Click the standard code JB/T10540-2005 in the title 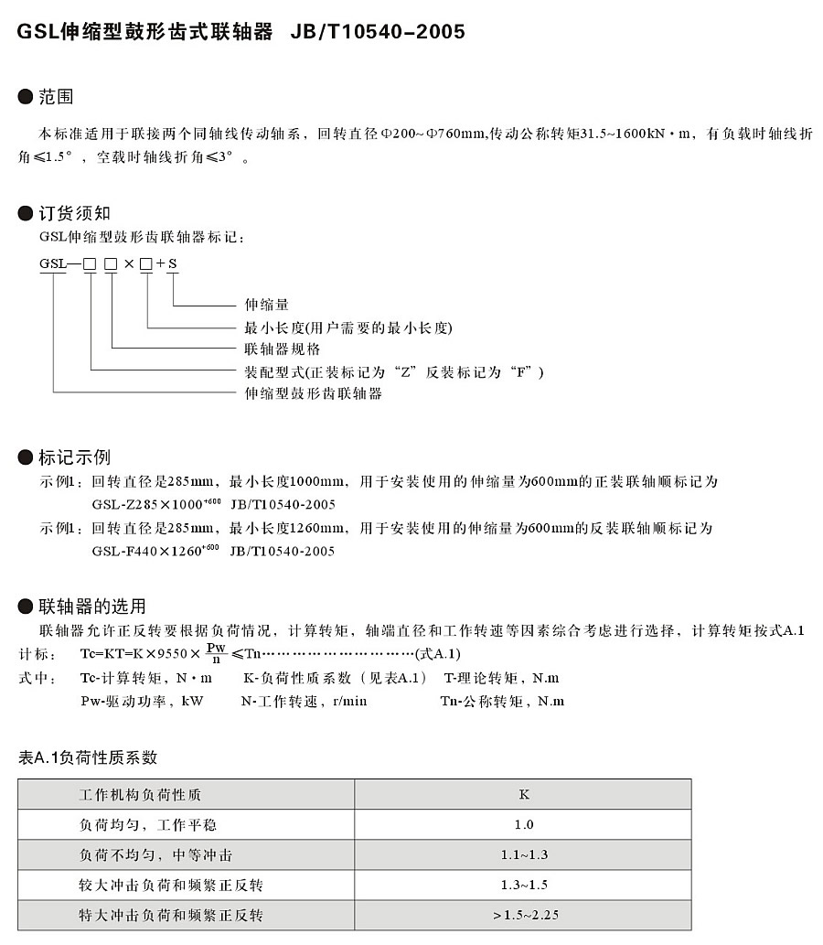point(378,32)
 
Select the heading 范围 point(56,96)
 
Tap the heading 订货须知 point(74,213)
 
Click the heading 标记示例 point(74,456)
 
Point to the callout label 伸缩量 point(267,304)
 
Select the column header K point(524,794)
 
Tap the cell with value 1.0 point(524,825)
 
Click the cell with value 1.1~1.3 point(524,855)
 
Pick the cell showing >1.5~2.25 point(524,915)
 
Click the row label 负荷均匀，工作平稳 point(148,825)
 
